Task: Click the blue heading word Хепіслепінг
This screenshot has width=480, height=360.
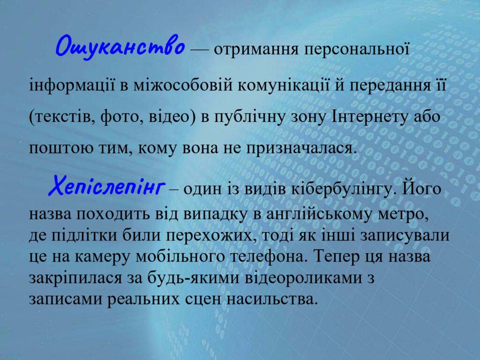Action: (106, 186)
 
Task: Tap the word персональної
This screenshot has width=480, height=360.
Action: (357, 49)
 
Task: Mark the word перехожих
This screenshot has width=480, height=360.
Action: (210, 236)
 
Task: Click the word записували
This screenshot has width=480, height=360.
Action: (405, 236)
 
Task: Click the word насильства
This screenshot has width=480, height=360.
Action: (270, 299)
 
